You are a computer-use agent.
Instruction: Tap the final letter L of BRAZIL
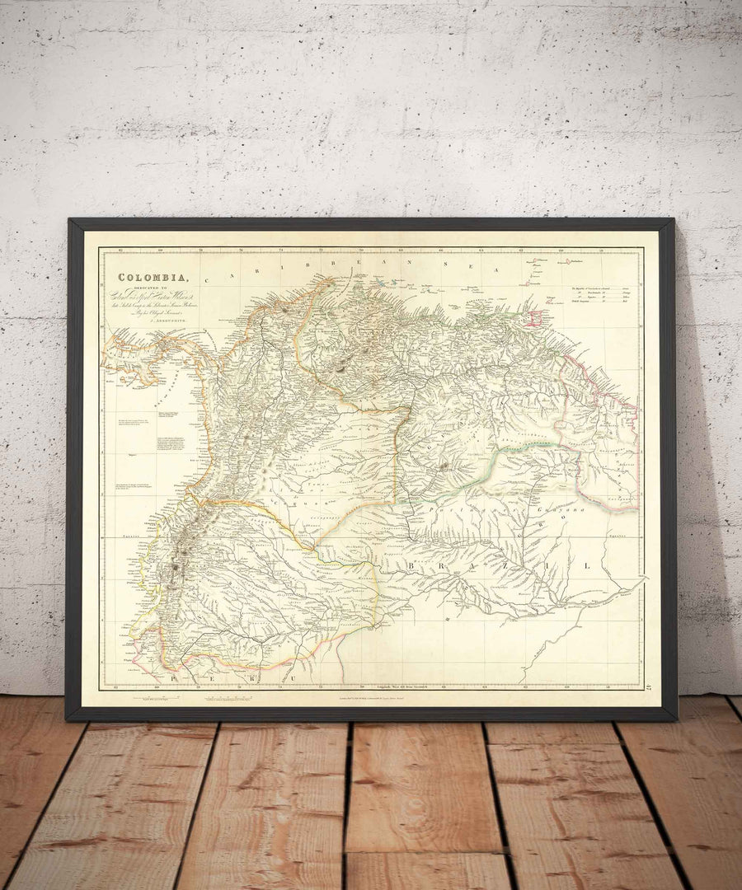coord(587,566)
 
